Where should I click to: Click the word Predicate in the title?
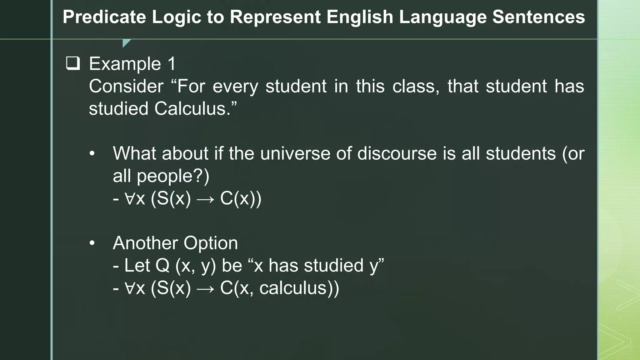click(x=104, y=17)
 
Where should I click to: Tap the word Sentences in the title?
click(x=538, y=17)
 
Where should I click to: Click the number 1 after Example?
click(x=172, y=64)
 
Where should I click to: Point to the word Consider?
click(x=126, y=86)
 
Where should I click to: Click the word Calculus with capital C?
click(x=192, y=109)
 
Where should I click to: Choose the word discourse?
click(x=397, y=153)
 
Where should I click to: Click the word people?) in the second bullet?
click(x=173, y=176)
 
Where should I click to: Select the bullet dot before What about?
click(x=92, y=154)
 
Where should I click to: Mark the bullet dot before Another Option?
click(x=92, y=243)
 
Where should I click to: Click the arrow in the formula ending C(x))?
click(x=206, y=199)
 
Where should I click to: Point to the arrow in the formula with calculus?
click(x=206, y=288)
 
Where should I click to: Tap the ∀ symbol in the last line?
click(x=129, y=288)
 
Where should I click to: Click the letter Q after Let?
click(x=162, y=266)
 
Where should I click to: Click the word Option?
click(x=211, y=243)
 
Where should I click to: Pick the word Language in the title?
click(x=443, y=17)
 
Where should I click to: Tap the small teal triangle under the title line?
click(x=126, y=43)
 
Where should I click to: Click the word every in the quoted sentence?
click(x=235, y=86)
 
